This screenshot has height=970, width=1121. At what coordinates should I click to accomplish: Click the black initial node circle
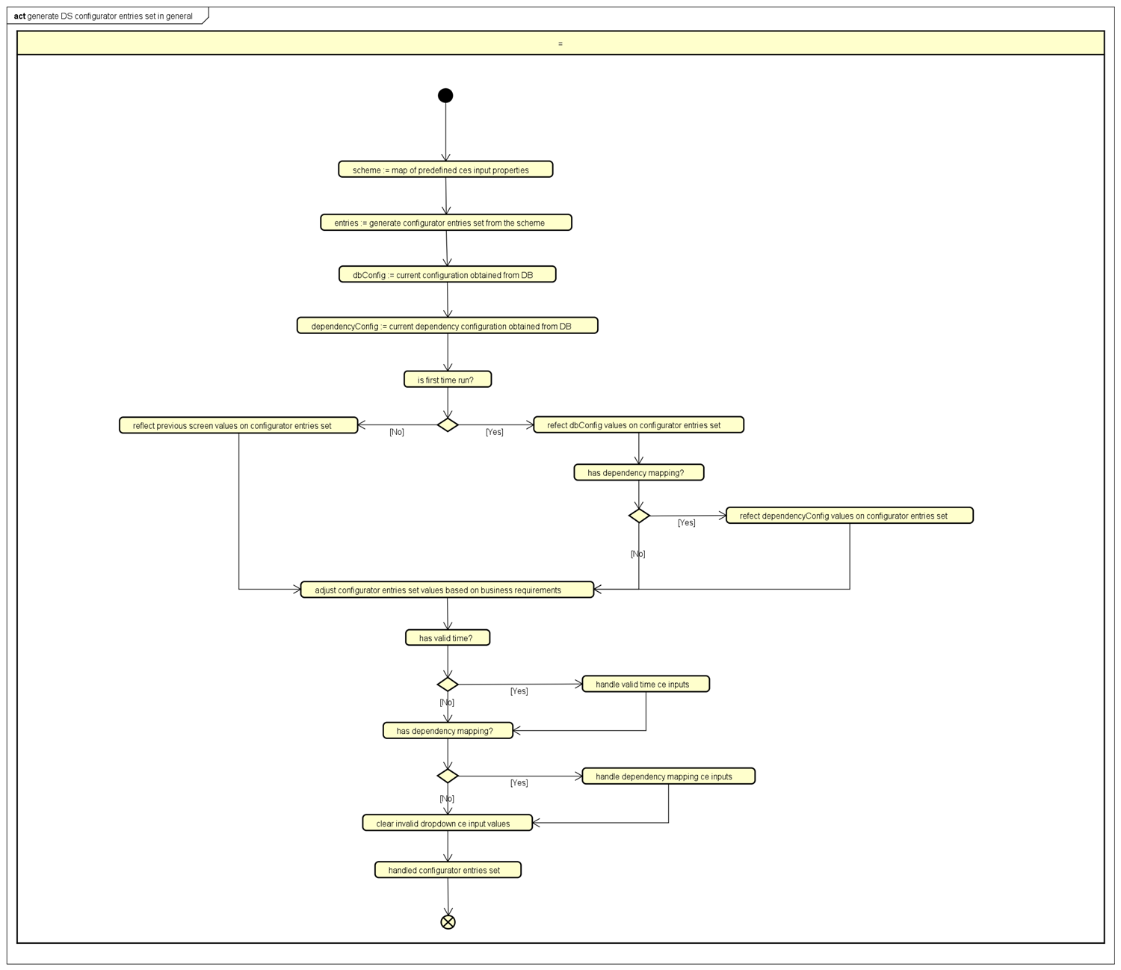(x=445, y=95)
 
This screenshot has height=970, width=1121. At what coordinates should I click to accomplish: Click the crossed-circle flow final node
(x=448, y=921)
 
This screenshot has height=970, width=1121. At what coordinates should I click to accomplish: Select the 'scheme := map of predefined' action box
(x=445, y=170)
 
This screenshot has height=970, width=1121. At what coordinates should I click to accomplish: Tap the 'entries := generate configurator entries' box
(x=446, y=223)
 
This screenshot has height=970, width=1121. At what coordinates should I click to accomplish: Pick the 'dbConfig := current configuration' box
(x=447, y=274)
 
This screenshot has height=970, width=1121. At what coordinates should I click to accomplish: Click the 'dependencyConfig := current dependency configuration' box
(x=447, y=326)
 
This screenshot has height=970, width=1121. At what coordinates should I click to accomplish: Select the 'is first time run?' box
(x=448, y=380)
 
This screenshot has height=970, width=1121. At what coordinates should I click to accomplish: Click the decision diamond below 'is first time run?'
(x=448, y=424)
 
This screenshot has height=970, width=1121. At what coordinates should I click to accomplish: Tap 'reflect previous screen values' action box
(x=238, y=425)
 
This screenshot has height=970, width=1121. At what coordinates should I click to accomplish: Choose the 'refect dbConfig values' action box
(x=638, y=424)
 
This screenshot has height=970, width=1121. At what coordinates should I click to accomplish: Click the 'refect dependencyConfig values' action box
(x=849, y=516)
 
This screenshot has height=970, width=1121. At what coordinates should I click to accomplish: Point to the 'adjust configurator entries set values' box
(x=447, y=590)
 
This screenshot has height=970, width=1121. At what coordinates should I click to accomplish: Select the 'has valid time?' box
(x=448, y=637)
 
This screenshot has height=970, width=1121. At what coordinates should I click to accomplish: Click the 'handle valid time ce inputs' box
(x=646, y=684)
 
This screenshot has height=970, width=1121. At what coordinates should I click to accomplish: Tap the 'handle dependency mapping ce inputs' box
(x=668, y=776)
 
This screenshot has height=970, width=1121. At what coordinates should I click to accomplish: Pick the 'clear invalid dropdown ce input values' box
(x=447, y=823)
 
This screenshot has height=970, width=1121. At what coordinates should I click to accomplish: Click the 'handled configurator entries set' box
(x=448, y=870)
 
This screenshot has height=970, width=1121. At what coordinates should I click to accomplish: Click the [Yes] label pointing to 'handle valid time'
(x=519, y=691)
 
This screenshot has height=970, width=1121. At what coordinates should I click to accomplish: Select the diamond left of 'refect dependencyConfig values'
(x=639, y=516)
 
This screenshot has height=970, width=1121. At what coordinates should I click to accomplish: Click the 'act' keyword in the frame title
(x=19, y=16)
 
